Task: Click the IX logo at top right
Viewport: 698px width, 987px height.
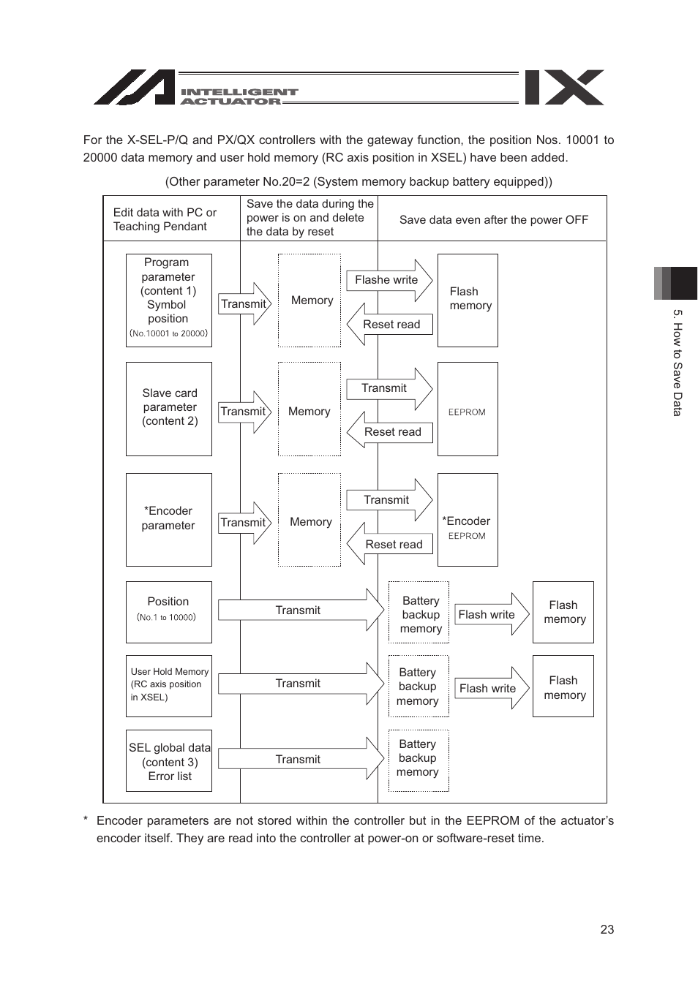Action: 564,88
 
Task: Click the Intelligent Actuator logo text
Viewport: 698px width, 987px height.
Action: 239,97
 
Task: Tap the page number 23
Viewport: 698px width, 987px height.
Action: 607,929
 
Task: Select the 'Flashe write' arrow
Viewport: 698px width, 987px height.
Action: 388,280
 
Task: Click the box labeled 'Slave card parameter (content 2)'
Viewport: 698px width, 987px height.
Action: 169,409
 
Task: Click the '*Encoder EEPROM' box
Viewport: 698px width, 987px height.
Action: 468,520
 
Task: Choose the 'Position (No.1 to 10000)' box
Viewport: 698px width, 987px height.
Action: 168,612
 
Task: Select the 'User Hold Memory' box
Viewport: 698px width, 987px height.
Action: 168,685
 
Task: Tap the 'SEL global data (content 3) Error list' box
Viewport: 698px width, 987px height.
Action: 169,761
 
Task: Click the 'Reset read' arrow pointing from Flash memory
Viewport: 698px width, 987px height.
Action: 390,325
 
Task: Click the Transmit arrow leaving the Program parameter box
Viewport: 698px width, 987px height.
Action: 244,304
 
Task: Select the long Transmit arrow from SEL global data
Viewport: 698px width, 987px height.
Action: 300,760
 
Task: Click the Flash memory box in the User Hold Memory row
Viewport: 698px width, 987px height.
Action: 563,687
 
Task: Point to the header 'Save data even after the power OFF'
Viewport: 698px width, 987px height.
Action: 493,219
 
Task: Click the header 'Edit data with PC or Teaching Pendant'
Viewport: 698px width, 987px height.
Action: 165,219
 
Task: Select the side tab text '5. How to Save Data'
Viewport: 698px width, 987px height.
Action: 678,362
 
